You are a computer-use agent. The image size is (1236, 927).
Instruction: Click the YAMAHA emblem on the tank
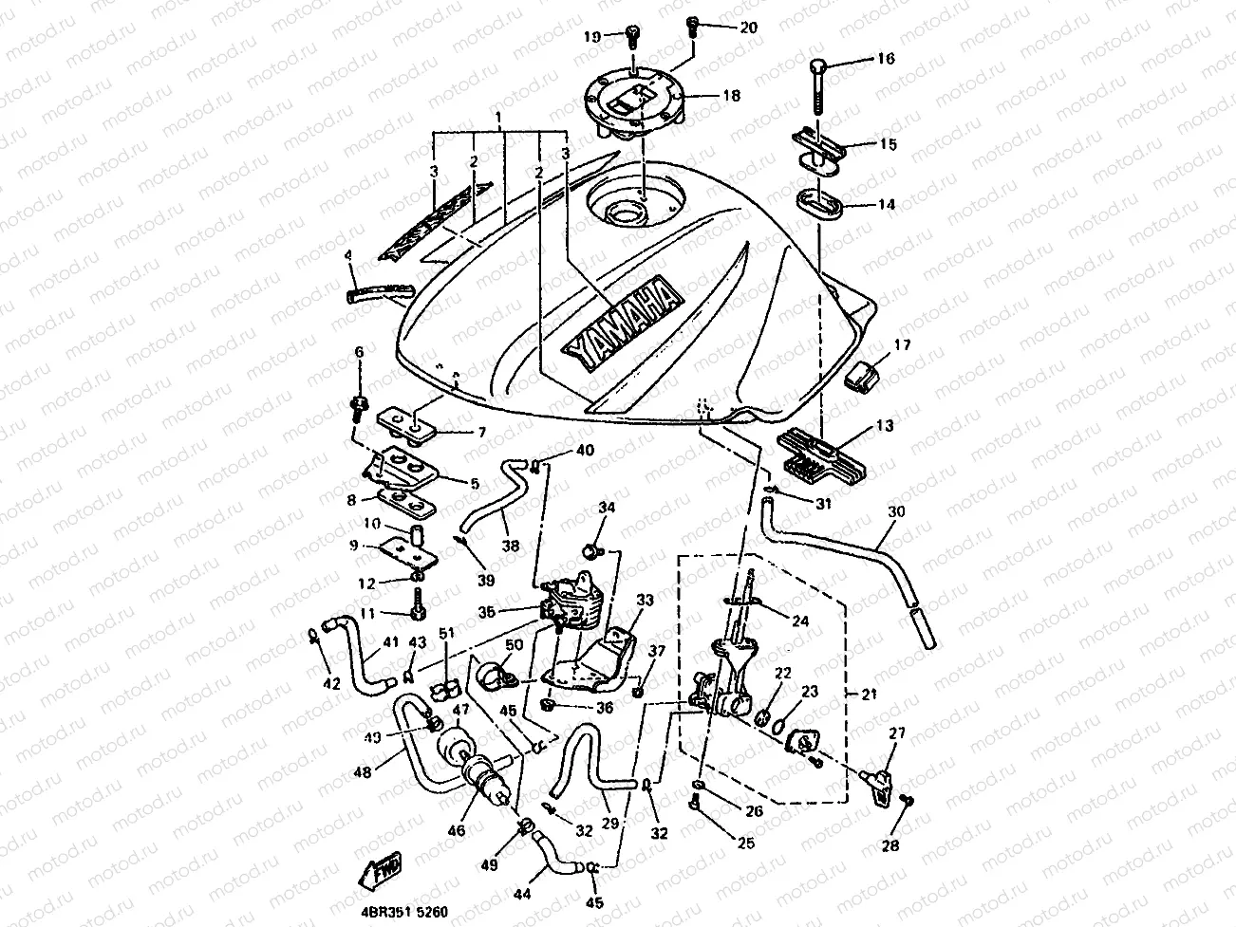[x=623, y=324]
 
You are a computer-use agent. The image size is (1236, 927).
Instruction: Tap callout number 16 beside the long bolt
[x=885, y=59]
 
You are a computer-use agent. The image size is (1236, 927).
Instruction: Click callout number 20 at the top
[x=748, y=27]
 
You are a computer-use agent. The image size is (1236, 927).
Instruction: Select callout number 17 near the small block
[x=901, y=346]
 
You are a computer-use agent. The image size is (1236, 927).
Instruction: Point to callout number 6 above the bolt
[x=359, y=352]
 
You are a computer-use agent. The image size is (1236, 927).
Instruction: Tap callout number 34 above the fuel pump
[x=607, y=510]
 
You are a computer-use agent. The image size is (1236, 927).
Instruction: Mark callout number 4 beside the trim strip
[x=348, y=255]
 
